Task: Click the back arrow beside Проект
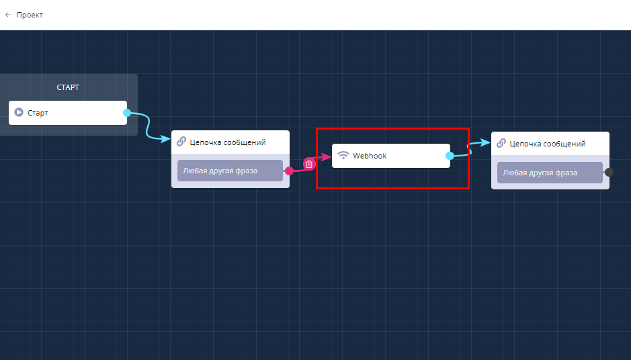coord(8,15)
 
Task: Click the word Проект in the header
coord(30,15)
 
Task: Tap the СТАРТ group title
coord(68,87)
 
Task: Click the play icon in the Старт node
coord(19,112)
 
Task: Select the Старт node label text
coord(38,113)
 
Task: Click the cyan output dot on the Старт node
coord(127,113)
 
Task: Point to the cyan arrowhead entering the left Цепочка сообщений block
coord(166,139)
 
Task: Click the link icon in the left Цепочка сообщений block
coord(181,142)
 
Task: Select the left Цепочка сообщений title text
coord(228,142)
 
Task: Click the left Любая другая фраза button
coord(230,171)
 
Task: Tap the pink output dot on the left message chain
coord(289,171)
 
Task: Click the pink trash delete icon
coord(309,164)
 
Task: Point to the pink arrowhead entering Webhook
coord(327,156)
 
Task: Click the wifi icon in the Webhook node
coord(343,155)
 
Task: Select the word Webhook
coord(370,156)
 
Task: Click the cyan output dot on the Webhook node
coord(450,156)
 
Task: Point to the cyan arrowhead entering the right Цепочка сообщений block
coord(485,142)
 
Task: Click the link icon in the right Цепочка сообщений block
coord(501,143)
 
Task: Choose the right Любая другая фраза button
coord(550,173)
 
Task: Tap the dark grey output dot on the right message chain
coord(609,172)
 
